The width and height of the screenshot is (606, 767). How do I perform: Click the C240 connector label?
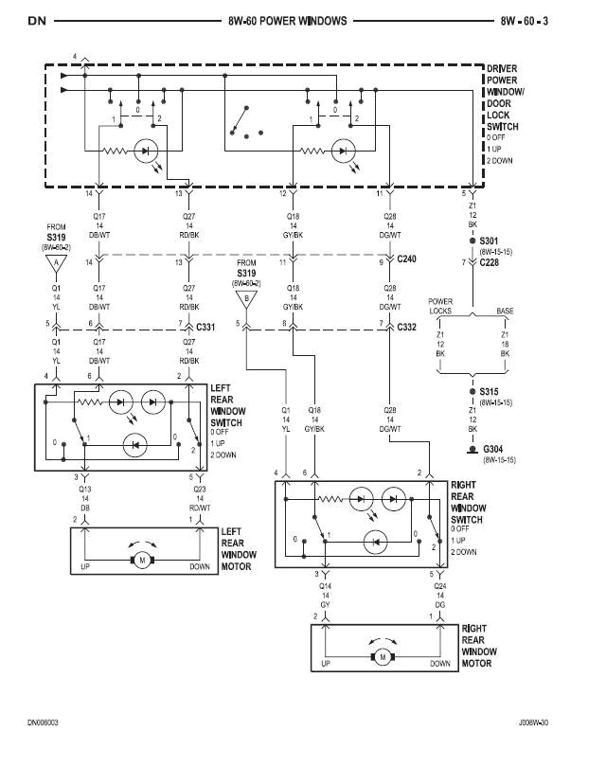[x=407, y=259]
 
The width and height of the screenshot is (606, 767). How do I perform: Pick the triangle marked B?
[x=246, y=301]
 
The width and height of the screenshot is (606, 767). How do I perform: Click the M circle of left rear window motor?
[x=142, y=561]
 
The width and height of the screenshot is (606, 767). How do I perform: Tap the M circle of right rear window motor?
[x=383, y=656]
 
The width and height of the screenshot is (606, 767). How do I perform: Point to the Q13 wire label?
[x=85, y=490]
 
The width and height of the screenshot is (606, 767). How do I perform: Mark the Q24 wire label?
[x=437, y=585]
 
